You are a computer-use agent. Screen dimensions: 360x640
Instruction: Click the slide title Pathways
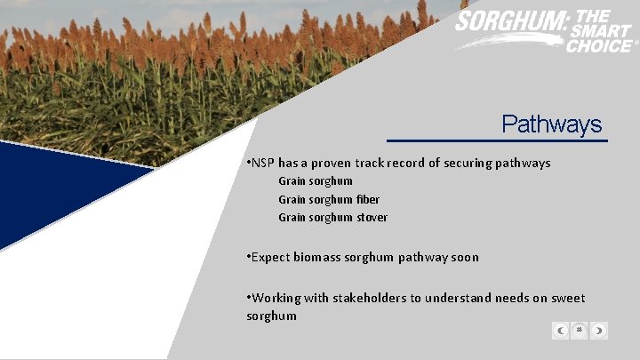pyautogui.click(x=551, y=124)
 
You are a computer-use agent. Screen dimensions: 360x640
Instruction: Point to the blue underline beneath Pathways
pyautogui.click(x=497, y=140)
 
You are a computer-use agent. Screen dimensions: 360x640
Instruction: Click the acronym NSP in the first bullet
pyautogui.click(x=263, y=164)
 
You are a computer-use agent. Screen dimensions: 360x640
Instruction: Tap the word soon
pyautogui.click(x=464, y=258)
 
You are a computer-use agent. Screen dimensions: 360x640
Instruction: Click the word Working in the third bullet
pyautogui.click(x=277, y=299)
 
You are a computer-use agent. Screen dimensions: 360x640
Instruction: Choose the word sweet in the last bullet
pyautogui.click(x=567, y=299)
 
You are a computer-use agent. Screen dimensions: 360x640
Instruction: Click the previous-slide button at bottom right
pyautogui.click(x=560, y=331)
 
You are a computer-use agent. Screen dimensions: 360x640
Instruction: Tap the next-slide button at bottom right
pyautogui.click(x=599, y=331)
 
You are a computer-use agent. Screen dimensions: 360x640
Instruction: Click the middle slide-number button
pyautogui.click(x=580, y=331)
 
